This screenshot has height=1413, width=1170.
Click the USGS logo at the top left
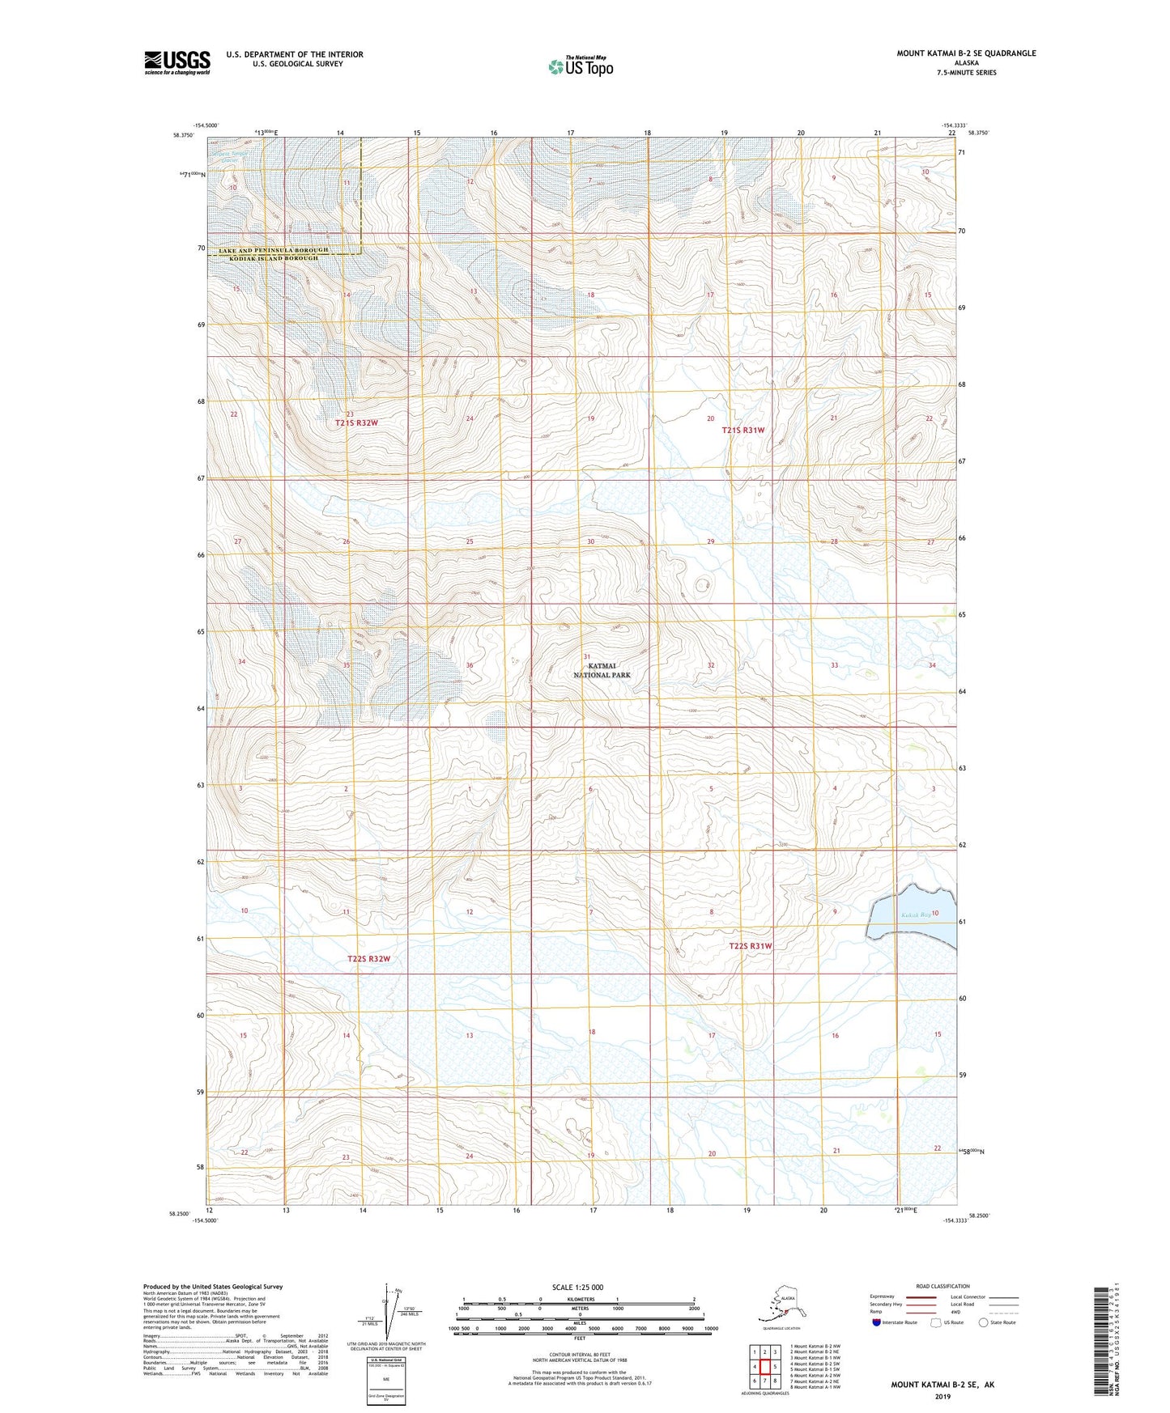[x=177, y=62]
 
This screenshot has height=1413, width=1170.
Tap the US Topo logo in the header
[x=580, y=66]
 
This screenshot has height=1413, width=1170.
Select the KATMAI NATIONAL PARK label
[x=602, y=670]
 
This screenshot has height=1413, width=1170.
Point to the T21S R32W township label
[x=357, y=423]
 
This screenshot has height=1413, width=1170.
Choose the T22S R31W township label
[x=751, y=946]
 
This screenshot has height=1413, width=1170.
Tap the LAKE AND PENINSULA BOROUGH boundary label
[x=274, y=250]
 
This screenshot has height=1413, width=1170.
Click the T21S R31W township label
[x=743, y=431]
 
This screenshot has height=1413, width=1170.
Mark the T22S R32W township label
[x=369, y=959]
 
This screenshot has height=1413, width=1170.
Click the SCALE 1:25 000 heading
[x=578, y=1288]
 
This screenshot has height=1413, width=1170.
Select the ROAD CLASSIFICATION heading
[x=942, y=1286]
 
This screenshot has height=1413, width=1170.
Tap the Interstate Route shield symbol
[x=876, y=1322]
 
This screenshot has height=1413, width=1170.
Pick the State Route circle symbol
[x=984, y=1322]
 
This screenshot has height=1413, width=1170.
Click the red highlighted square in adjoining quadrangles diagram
[x=764, y=1367]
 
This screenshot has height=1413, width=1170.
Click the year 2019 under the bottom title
[x=942, y=1397]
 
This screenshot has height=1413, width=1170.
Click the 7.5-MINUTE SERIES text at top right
[x=966, y=73]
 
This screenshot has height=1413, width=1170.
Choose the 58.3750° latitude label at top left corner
[x=184, y=135]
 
